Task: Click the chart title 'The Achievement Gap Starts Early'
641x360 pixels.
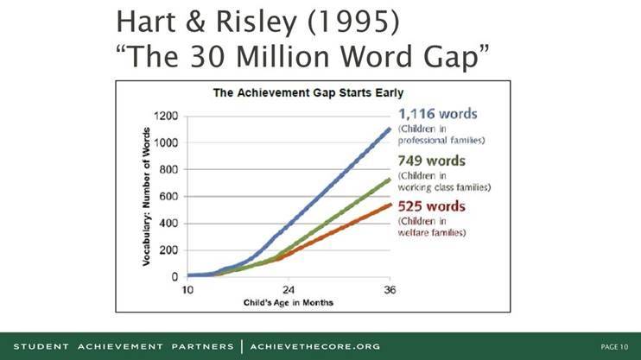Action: click(308, 92)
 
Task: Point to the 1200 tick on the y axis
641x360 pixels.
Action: click(166, 116)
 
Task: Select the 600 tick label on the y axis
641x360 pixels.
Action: click(168, 197)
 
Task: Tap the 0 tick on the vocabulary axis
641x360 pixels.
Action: click(175, 277)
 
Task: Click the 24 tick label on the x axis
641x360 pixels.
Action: click(289, 290)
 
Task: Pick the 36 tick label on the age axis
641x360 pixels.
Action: click(390, 290)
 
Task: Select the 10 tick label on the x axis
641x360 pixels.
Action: click(187, 290)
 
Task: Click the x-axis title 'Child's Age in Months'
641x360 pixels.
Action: click(289, 303)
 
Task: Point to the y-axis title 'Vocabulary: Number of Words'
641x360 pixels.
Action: click(146, 197)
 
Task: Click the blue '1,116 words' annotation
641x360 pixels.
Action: click(437, 114)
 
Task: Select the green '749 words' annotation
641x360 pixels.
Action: click(431, 161)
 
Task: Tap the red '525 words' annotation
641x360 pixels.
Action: click(431, 206)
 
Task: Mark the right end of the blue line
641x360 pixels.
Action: click(390, 129)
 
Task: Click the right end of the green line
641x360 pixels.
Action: click(390, 179)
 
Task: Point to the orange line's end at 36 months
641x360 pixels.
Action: click(390, 204)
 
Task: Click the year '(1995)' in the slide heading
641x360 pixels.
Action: click(353, 22)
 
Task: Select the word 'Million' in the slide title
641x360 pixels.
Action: click(282, 56)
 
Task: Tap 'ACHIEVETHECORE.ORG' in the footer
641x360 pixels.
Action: click(315, 347)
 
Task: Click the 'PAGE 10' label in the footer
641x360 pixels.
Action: click(614, 347)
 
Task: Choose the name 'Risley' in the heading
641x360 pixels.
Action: click(256, 23)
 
